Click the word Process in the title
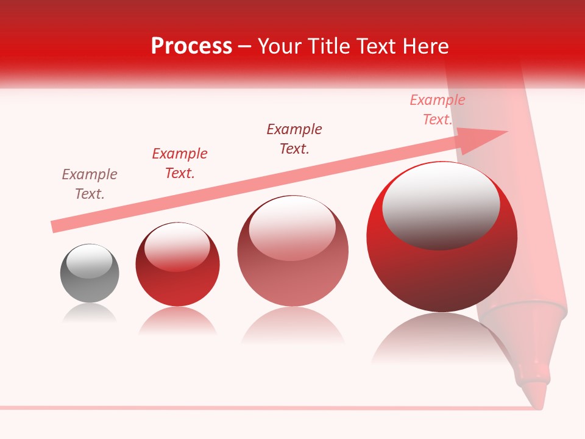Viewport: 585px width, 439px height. pyautogui.click(x=191, y=46)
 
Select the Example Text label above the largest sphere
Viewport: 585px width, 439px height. pyautogui.click(x=438, y=110)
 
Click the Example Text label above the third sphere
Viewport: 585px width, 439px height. pyautogui.click(x=294, y=139)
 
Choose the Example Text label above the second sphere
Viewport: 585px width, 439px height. pyautogui.click(x=180, y=163)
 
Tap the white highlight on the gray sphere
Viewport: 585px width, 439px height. pyautogui.click(x=89, y=261)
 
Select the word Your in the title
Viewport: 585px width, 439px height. pyautogui.click(x=280, y=46)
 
